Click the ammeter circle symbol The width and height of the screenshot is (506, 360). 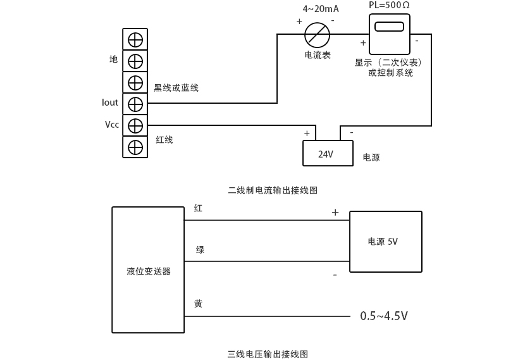(317, 34)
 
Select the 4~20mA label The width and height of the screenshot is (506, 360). (321, 9)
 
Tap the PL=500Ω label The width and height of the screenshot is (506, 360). (389, 5)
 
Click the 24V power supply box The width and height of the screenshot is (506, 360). (328, 153)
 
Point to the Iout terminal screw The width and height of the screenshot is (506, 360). (135, 104)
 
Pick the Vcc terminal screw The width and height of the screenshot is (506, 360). (135, 125)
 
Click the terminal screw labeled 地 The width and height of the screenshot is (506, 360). (135, 61)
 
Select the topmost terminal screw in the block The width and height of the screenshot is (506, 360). (135, 39)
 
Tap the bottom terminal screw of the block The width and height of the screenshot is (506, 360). (135, 147)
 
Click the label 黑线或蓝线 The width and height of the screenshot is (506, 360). (176, 88)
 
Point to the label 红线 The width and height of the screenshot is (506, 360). (164, 140)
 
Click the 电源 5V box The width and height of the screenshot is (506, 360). (385, 242)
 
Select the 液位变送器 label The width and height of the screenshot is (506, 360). (149, 271)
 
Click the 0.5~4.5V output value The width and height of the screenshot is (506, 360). (384, 316)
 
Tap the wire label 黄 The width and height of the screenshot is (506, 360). (199, 304)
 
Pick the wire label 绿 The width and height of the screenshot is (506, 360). (200, 251)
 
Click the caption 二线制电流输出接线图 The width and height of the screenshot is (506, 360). (273, 190)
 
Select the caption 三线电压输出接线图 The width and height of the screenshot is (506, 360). (268, 354)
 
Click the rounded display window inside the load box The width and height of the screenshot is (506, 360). (389, 27)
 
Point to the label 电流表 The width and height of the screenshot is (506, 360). (318, 56)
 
